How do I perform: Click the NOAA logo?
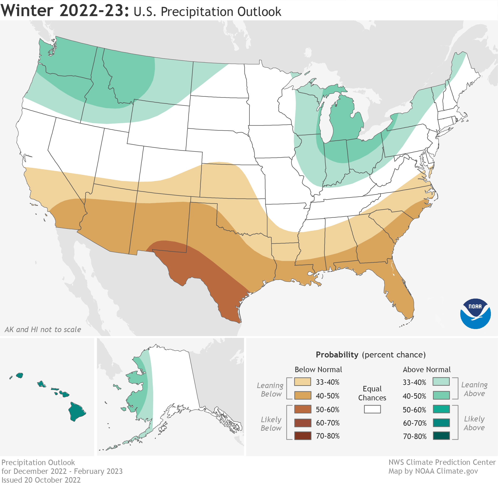475,314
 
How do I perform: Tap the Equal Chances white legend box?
372,409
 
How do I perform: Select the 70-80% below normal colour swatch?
303,436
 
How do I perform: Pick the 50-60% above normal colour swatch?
441,409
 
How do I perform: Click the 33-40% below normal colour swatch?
303,382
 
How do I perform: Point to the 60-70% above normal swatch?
441,423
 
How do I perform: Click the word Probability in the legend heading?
337,355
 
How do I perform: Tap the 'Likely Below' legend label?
271,424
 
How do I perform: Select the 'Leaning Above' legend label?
474,389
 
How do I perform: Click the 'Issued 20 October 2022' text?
41,480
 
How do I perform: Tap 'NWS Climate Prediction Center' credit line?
442,462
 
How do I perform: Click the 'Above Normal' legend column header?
427,370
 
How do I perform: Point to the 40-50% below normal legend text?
327,396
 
